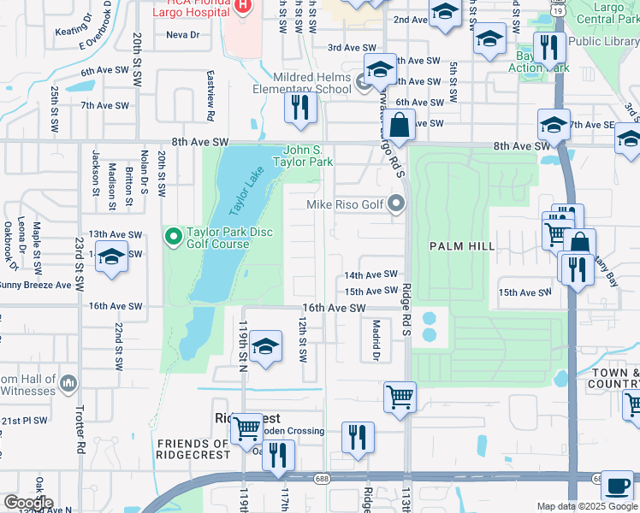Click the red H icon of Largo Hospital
242,6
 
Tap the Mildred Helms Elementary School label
301,83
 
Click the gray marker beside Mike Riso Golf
395,203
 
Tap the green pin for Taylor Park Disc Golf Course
173,234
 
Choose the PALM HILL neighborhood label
462,246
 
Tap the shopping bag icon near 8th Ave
398,126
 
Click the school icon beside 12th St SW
266,346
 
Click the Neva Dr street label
182,35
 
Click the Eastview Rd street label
210,90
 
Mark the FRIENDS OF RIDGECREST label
193,449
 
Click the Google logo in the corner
27,503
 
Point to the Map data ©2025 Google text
587,506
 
